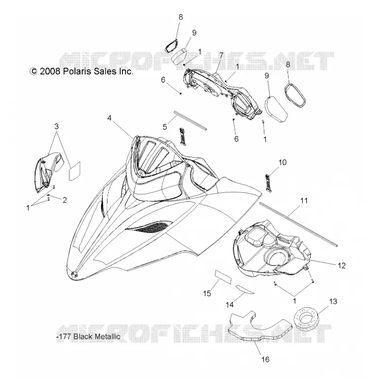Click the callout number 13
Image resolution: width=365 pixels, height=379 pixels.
333,301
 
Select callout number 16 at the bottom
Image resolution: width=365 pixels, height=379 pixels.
265,360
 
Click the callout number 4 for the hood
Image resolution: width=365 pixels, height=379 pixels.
110,118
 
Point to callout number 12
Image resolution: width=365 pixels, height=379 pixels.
342,265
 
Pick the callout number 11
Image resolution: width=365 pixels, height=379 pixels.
304,200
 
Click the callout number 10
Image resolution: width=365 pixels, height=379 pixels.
282,162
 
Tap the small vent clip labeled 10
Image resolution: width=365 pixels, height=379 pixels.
269,183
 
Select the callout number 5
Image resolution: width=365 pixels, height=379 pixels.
165,126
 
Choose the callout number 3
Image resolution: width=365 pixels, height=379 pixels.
56,126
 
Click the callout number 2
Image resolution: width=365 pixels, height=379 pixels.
64,200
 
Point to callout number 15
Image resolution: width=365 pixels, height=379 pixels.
207,293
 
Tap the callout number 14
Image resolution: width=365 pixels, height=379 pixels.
230,305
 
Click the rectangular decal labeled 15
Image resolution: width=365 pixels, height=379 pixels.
223,277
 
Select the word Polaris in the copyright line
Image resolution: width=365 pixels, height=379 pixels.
77,72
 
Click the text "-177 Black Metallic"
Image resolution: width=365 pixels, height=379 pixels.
88,336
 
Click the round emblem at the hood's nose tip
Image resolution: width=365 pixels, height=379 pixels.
75,274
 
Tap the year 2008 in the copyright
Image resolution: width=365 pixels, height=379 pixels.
50,72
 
